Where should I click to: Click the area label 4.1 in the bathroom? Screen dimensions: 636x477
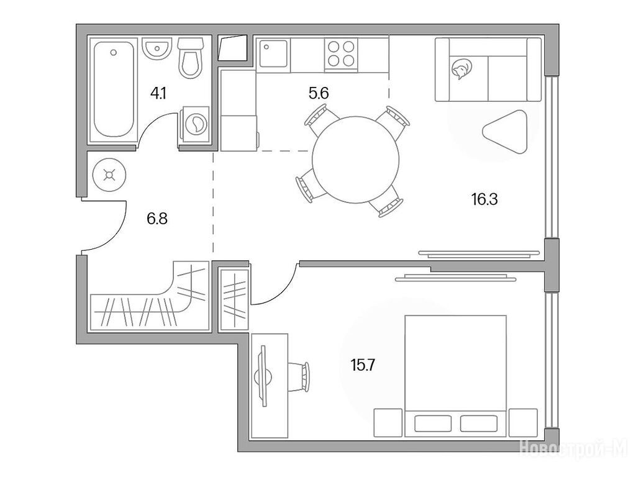pos(158,94)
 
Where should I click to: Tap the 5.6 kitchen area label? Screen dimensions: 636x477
pos(319,94)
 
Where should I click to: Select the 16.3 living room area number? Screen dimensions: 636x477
pos(484,199)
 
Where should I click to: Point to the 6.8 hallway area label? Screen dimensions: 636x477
pos(157,219)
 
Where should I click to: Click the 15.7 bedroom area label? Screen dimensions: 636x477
pos(363,366)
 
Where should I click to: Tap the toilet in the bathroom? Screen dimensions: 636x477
pos(190,58)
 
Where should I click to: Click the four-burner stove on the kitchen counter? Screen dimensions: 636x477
pos(341,55)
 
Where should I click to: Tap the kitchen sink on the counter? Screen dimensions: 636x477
pos(273,53)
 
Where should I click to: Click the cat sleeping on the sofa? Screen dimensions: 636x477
pos(461,68)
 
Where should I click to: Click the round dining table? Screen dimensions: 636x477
pos(355,160)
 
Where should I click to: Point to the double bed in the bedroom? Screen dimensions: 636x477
pos(456,376)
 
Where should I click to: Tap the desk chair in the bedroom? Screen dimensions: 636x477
pos(299,377)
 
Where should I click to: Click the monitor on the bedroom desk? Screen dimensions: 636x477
pos(263,376)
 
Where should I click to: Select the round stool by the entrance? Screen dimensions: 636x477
pos(109,175)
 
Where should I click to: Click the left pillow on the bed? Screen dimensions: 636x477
pos(433,424)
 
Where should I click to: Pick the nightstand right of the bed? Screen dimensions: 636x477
pos(523,422)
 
